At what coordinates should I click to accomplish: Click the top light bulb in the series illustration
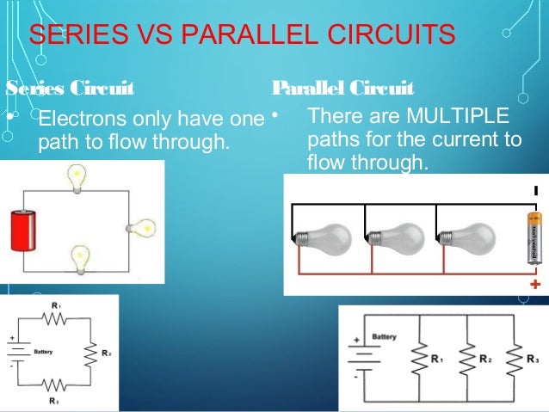(77, 177)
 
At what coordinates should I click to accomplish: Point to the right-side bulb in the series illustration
(141, 229)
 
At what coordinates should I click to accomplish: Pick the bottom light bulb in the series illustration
(80, 256)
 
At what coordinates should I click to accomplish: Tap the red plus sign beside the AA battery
(535, 284)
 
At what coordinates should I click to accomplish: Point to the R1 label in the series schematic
(54, 306)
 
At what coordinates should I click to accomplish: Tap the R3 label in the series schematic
(53, 401)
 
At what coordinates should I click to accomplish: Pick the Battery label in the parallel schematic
(384, 336)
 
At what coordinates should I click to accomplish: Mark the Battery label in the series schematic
(43, 352)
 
